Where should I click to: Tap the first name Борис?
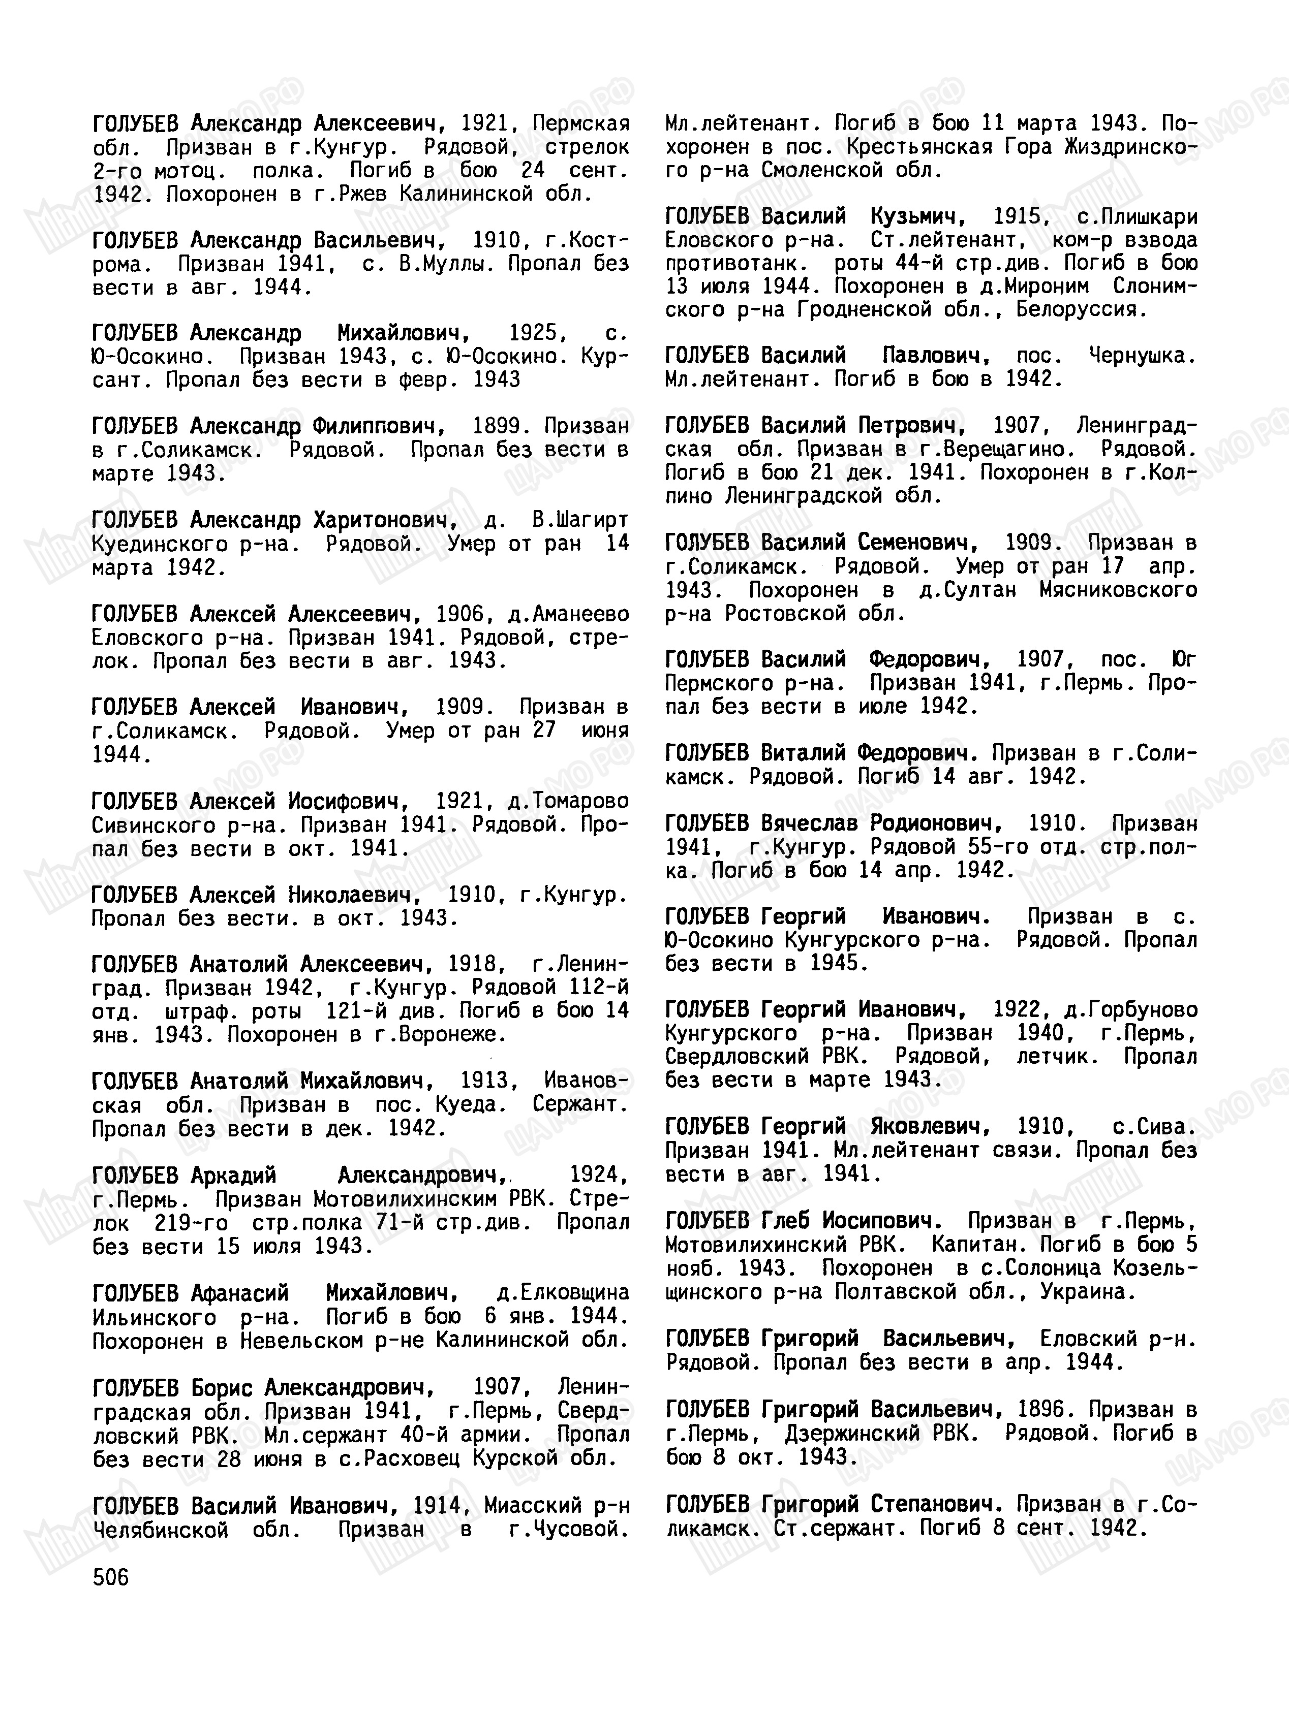(x=217, y=1386)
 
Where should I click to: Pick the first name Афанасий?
(x=239, y=1292)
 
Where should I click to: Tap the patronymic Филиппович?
(x=379, y=426)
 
